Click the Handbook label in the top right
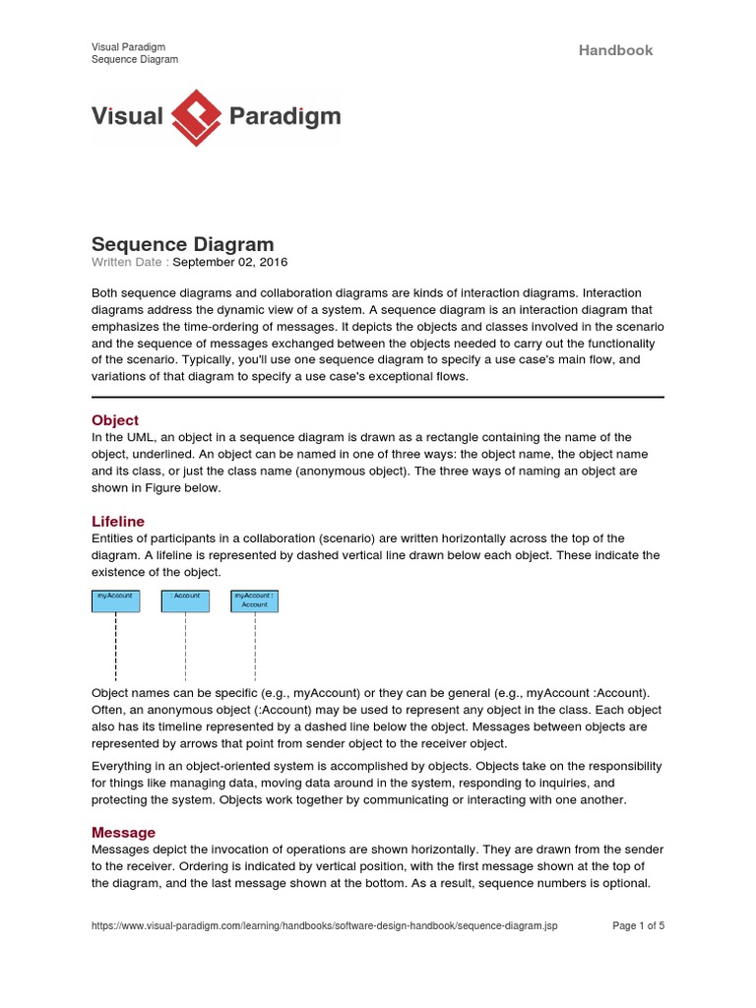tap(615, 50)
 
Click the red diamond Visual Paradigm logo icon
tap(196, 117)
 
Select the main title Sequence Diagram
tap(182, 244)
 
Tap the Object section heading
tap(115, 420)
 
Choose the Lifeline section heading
tap(118, 521)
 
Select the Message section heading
tap(123, 833)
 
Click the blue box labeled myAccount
tap(115, 600)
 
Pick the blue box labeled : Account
tap(185, 600)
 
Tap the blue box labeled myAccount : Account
tap(255, 600)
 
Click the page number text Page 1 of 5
tap(639, 926)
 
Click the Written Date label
tap(129, 262)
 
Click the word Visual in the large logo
tap(127, 117)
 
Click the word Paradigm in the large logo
tap(284, 117)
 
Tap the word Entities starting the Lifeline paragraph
tap(114, 537)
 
